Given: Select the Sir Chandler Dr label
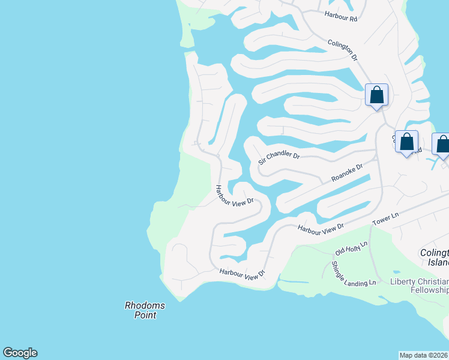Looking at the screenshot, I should coord(279,158).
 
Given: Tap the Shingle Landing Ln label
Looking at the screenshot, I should coord(354,272).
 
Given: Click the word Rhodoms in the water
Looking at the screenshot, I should coord(145,305).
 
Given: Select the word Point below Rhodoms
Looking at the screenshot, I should coord(145,315).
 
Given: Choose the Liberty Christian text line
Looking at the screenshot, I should coord(420,282).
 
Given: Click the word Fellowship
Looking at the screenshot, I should coord(427,291).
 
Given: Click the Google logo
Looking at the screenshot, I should coord(20,353).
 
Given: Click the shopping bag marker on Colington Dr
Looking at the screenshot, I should coord(376,95).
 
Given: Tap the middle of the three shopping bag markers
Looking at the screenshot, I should coord(406,142).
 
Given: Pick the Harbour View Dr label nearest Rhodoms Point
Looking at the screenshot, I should coord(242,273).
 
